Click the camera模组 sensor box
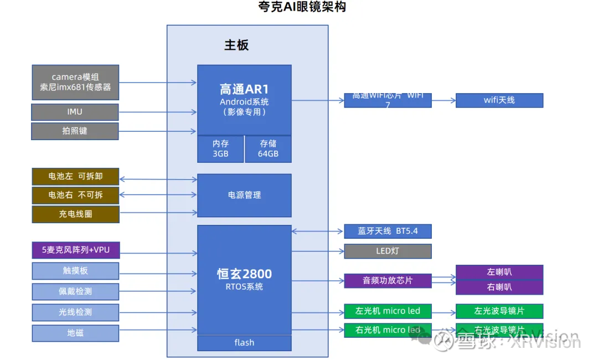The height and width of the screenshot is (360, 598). click(75, 82)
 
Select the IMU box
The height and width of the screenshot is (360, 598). click(75, 112)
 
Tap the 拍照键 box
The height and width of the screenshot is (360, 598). click(75, 131)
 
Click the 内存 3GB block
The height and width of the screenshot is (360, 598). click(220, 148)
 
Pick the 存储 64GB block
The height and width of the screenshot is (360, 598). click(268, 148)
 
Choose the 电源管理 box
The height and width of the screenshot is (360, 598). click(244, 195)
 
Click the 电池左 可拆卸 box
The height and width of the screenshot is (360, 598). click(75, 177)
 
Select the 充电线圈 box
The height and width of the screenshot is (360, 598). click(75, 214)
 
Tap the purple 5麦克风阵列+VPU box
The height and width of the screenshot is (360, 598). click(75, 250)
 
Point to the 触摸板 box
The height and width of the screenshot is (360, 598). click(75, 271)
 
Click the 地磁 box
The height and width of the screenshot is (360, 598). click(75, 333)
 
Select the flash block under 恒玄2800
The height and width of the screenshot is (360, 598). click(244, 343)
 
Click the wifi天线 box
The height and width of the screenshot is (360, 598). click(499, 100)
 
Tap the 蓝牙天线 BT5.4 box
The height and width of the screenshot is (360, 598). click(387, 231)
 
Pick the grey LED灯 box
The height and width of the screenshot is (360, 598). click(387, 251)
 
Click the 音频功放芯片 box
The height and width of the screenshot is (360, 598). click(387, 280)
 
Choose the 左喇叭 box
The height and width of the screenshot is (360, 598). click(499, 272)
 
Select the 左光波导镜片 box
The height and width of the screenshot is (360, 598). click(499, 311)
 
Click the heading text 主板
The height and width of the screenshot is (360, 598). click(236, 45)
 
